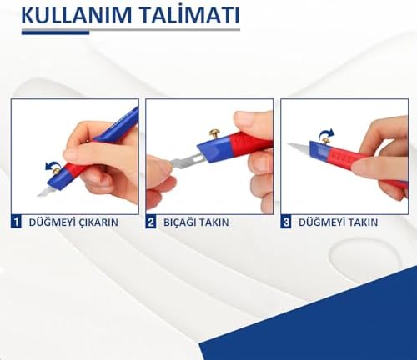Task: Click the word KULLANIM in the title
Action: pos(77,15)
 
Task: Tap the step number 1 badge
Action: pos(16,222)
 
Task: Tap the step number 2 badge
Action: pos(151,222)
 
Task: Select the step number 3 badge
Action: pos(286,222)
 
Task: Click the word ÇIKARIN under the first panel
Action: pos(98,222)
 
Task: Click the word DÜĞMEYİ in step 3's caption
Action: pos(318,222)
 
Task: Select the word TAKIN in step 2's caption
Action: pos(214,222)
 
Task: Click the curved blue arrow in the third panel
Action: pos(327,133)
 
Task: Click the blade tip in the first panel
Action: pos(38,196)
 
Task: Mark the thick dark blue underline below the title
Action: pos(56,32)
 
